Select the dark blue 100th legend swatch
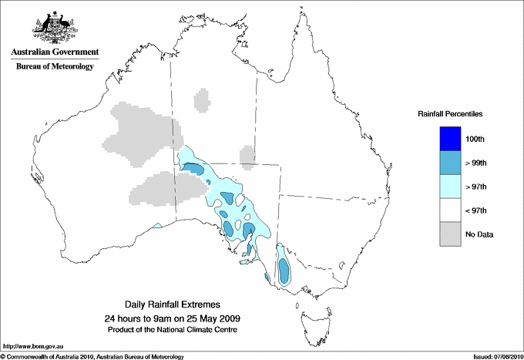pos(451,138)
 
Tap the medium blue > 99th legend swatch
pos(451,162)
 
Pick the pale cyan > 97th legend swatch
pos(451,186)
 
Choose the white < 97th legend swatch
pos(451,210)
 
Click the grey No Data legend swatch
pos(451,234)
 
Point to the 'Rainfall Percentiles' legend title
pos(450,114)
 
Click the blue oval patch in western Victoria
pos(284,270)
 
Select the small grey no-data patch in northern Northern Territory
pos(203,100)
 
